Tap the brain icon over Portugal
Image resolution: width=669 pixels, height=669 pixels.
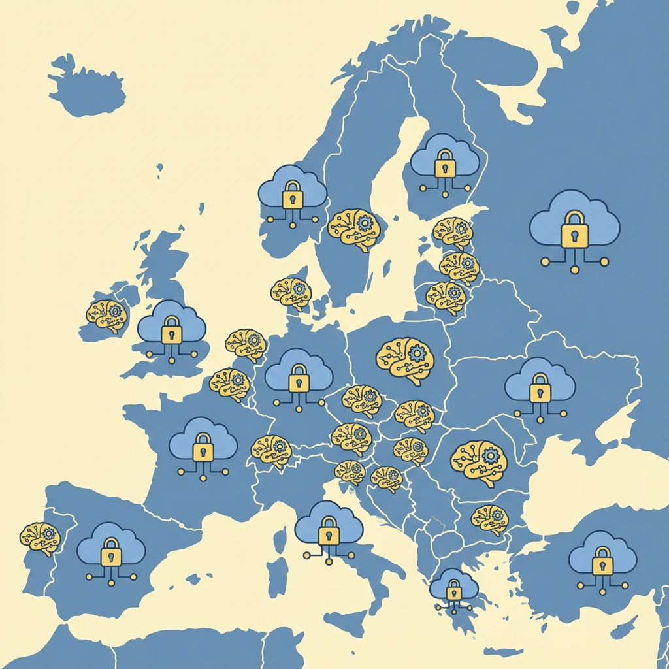pos(40,537)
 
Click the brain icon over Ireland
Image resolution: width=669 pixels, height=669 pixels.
pos(107,315)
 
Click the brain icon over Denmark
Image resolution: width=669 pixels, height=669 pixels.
pos(291,292)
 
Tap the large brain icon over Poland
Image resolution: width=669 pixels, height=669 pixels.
pos(406,359)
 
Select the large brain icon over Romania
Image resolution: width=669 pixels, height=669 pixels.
pos(478,461)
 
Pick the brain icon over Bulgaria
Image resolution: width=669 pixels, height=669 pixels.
pos(490,518)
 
